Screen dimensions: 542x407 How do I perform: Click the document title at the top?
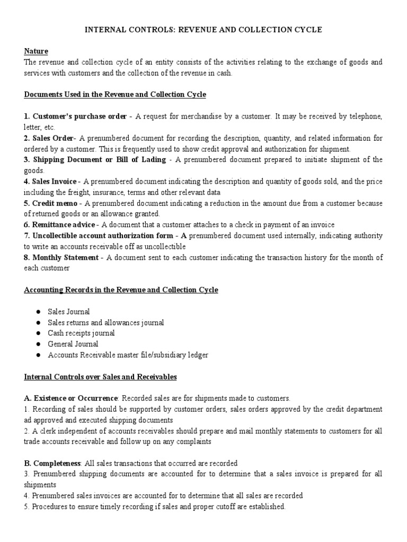(x=203, y=30)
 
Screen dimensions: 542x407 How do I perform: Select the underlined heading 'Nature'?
(x=36, y=51)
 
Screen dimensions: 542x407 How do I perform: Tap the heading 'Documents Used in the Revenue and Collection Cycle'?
(x=115, y=95)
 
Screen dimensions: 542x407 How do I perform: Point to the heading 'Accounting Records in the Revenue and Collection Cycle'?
(x=121, y=290)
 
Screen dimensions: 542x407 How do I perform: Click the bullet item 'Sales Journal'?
(x=69, y=312)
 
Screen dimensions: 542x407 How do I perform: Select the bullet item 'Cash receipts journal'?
(x=81, y=333)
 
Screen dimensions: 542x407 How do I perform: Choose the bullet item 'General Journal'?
(x=73, y=344)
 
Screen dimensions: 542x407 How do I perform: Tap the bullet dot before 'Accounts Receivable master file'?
(x=39, y=355)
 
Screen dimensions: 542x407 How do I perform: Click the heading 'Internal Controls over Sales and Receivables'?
(x=100, y=377)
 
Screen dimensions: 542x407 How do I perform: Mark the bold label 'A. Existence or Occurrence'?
(x=70, y=398)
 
